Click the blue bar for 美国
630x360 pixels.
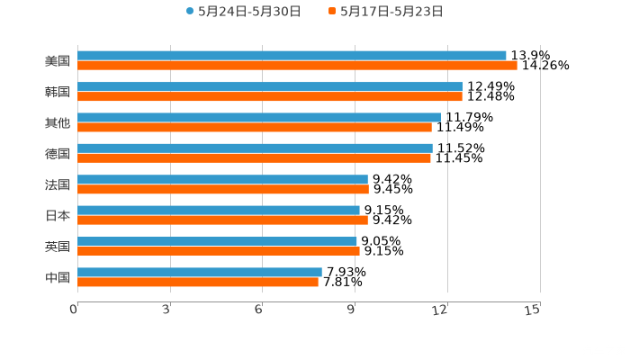[292, 56]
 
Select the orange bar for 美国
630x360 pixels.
[297, 66]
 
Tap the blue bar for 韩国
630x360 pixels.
[270, 86]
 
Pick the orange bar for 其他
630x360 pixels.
[255, 127]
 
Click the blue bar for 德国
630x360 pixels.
[255, 148]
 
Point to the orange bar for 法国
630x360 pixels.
[223, 189]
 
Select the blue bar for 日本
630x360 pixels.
[219, 210]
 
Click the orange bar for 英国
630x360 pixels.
[219, 251]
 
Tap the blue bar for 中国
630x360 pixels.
[200, 272]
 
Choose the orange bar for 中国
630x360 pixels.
[198, 282]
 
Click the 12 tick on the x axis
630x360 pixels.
[441, 310]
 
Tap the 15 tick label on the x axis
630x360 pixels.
[533, 310]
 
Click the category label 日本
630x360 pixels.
[58, 215]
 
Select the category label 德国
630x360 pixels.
[58, 153]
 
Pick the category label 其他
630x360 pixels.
[58, 122]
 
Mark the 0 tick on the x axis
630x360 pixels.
[75, 310]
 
